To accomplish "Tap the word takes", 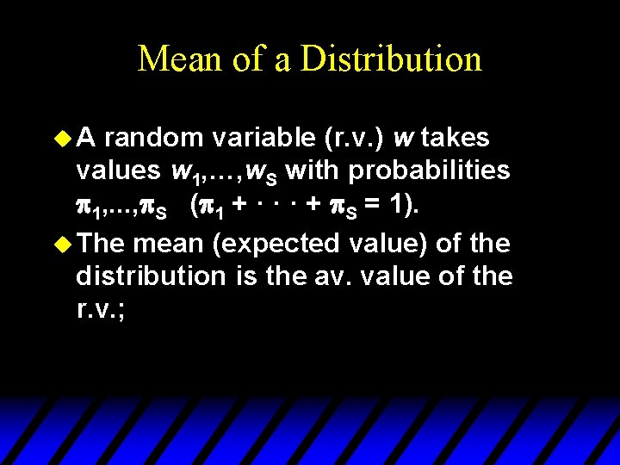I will click(455, 138).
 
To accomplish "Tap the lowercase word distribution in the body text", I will click(150, 277).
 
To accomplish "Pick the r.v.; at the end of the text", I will click(101, 310).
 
